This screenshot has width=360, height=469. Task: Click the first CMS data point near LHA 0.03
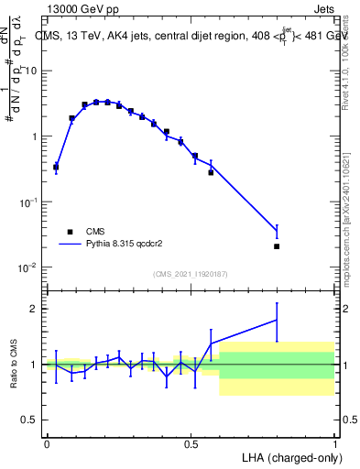point(56,167)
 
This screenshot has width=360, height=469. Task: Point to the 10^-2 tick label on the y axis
point(27,267)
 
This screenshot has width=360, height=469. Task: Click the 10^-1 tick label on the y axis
point(27,202)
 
